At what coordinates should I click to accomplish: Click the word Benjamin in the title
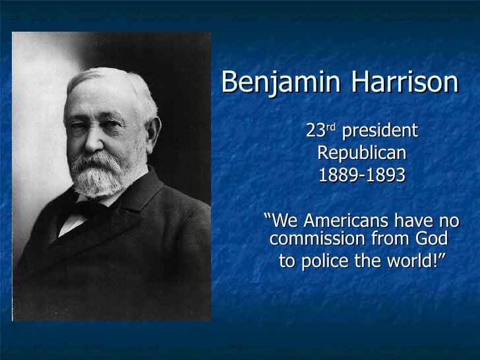[277, 83]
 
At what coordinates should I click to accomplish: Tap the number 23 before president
[315, 131]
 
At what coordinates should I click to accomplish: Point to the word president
[380, 131]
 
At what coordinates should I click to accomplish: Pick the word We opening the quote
[284, 220]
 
